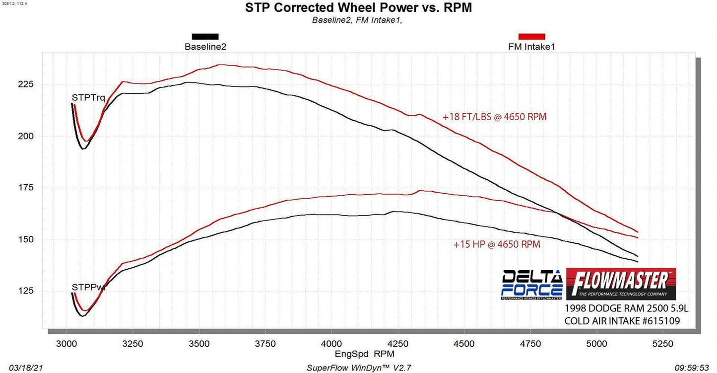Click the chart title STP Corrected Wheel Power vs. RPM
tap(358, 8)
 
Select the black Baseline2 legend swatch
tap(205, 37)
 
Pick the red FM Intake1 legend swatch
tap(531, 37)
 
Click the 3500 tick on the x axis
tap(199, 344)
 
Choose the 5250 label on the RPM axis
tap(663, 344)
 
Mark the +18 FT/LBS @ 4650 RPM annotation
tap(495, 117)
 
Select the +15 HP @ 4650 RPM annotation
tap(497, 244)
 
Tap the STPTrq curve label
tap(88, 98)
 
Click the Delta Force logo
tap(531, 285)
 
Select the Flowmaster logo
tap(621, 284)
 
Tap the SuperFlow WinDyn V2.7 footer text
tap(359, 368)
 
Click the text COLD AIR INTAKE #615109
tap(622, 321)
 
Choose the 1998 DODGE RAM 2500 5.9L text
tap(626, 309)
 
